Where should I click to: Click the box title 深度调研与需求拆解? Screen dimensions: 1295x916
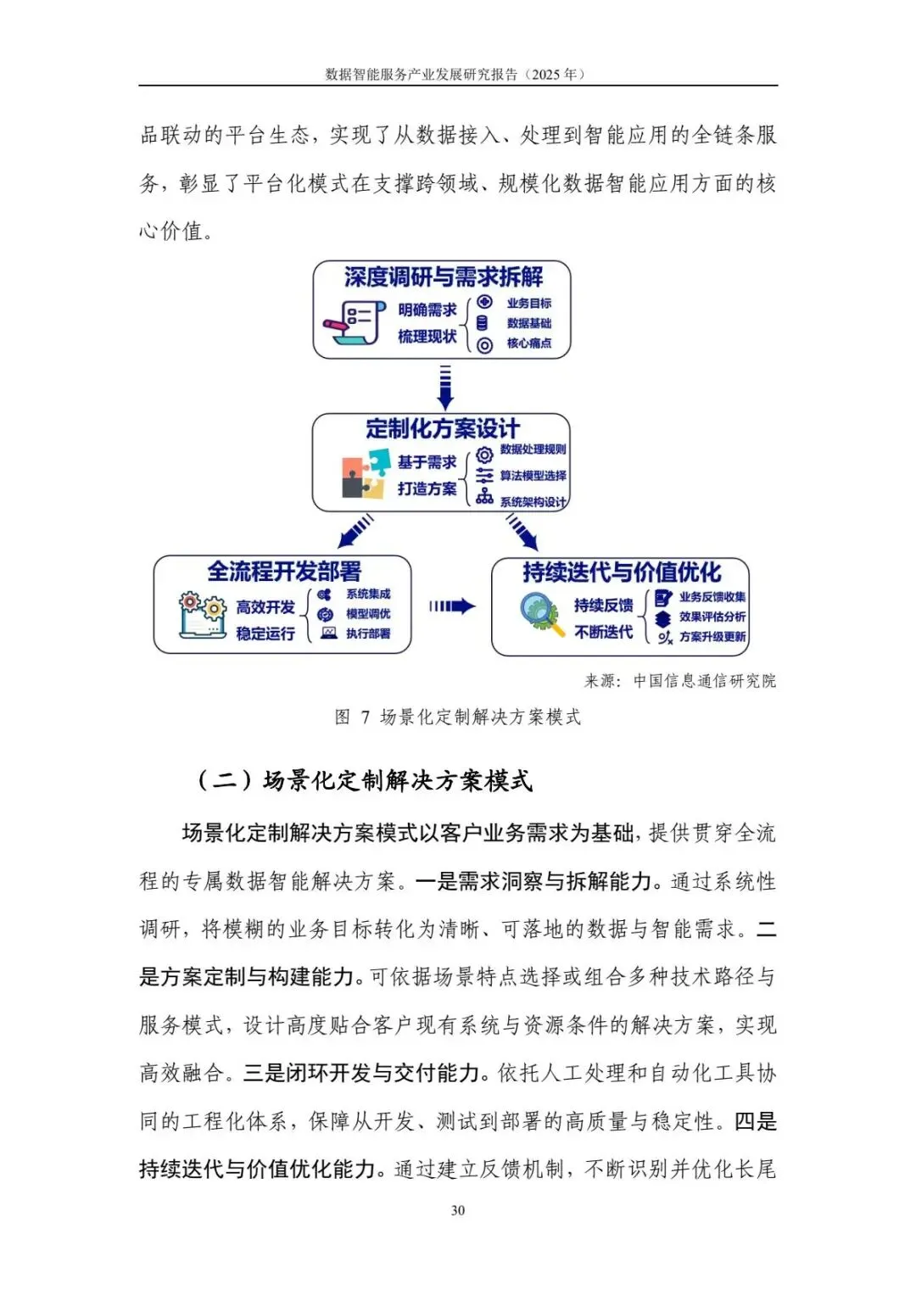(x=443, y=276)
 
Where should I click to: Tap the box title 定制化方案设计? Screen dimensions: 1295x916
(x=442, y=428)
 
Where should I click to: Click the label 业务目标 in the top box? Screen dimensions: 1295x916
(x=528, y=303)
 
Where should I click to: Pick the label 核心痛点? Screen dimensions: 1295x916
(x=528, y=343)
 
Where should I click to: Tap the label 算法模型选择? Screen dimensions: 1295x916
(x=533, y=476)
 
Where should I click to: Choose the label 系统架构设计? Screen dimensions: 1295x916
(x=533, y=502)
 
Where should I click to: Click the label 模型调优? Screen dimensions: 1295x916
(x=368, y=614)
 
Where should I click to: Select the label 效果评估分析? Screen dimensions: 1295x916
(x=712, y=617)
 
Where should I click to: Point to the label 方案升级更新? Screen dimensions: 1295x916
(x=712, y=637)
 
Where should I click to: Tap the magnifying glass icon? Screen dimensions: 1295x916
(x=541, y=613)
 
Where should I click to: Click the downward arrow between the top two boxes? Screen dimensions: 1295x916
(x=444, y=387)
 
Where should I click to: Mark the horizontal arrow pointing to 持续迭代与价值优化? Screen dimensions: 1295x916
(x=452, y=606)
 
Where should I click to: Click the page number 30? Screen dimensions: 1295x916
(x=458, y=1210)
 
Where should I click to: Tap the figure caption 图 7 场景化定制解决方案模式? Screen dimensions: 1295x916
(x=458, y=717)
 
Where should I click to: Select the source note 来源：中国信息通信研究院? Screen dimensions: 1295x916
(x=679, y=681)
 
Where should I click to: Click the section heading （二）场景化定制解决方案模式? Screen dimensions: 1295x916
(x=364, y=780)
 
